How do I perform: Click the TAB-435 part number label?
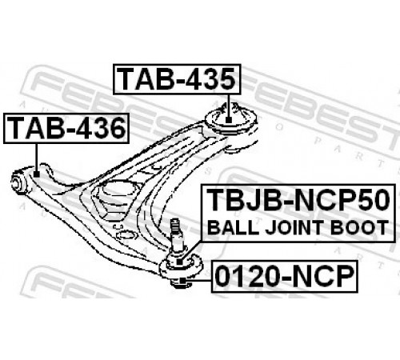coord(177,79)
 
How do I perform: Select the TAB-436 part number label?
coord(66,128)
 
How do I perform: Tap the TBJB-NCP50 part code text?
coord(298,200)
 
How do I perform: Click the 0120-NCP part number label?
coord(285,277)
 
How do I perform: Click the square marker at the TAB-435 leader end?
coord(228,120)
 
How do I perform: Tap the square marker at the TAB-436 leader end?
coord(37,174)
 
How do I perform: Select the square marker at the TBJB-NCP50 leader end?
coord(181,262)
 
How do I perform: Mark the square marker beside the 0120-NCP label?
coord(182,281)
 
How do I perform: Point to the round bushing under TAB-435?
coord(231,118)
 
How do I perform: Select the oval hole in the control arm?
coord(125,235)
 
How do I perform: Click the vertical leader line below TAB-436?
coord(36,158)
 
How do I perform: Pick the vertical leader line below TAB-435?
coord(228,106)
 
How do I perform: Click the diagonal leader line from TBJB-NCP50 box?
coord(192,250)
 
